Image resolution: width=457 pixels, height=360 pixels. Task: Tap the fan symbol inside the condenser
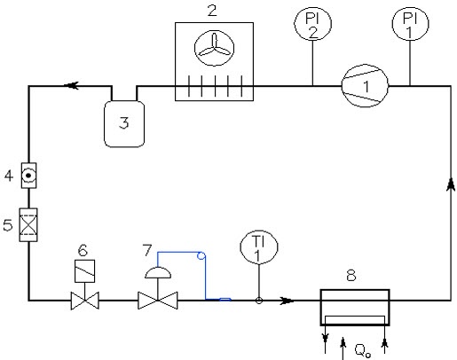215,48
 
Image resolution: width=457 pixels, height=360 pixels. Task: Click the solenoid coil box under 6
85,271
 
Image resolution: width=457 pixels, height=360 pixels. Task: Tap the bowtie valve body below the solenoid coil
85,301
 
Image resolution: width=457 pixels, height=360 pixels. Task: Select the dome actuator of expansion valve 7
158,272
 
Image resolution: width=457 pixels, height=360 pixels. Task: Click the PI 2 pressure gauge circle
312,24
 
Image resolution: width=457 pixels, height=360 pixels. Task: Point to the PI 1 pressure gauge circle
410,24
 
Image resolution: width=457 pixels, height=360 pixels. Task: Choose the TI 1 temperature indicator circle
259,247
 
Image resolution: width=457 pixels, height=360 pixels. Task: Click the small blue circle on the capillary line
201,255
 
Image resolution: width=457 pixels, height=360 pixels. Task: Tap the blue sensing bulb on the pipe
225,300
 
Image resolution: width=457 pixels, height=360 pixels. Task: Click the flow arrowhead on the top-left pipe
71,86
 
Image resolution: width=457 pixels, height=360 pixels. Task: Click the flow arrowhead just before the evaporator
287,301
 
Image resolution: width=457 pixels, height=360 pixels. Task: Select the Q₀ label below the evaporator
363,351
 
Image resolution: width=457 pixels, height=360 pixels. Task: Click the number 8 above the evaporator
351,276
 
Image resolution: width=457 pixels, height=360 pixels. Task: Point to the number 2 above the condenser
212,11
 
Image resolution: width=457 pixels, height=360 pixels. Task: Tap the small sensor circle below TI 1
259,301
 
